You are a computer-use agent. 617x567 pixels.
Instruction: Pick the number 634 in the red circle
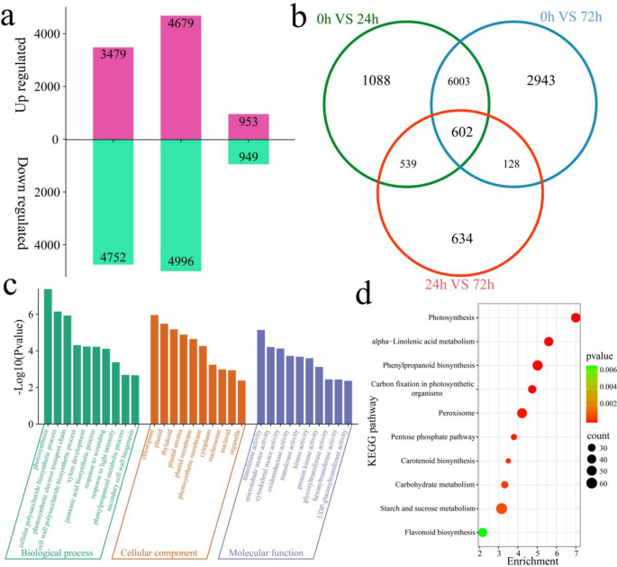(x=460, y=239)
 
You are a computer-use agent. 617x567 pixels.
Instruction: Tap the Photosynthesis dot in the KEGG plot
(x=576, y=316)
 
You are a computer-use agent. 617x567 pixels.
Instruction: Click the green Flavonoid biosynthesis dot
(x=483, y=533)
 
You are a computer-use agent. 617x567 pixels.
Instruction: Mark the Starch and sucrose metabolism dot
(x=502, y=508)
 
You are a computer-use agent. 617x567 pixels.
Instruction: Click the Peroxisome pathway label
(x=451, y=414)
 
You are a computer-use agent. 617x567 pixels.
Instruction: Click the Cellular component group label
(x=167, y=552)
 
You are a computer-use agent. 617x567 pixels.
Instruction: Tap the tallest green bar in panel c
(x=48, y=357)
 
